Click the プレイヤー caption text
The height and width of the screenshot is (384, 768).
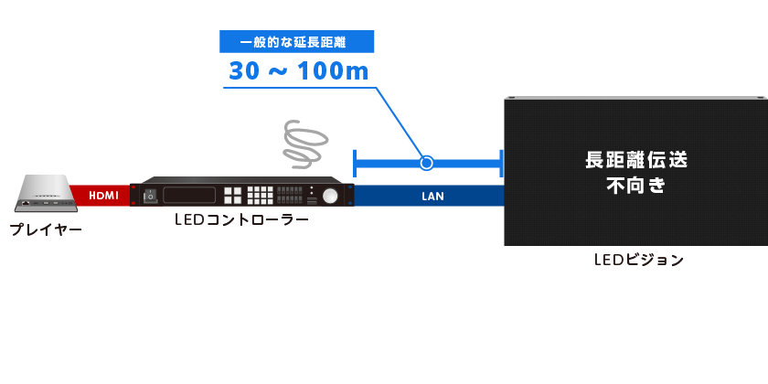click(46, 229)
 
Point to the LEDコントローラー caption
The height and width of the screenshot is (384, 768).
click(240, 220)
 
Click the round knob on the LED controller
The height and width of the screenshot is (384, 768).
click(328, 196)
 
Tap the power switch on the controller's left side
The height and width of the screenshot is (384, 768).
click(149, 195)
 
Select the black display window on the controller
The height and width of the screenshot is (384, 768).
click(189, 195)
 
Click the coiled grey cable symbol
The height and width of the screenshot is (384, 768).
click(304, 144)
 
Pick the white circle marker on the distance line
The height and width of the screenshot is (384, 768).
click(425, 164)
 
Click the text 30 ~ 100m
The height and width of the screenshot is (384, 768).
click(298, 71)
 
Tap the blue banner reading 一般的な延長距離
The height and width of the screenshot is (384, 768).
click(298, 42)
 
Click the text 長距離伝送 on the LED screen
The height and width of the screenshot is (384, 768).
click(635, 160)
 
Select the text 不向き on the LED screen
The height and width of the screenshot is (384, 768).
click(635, 186)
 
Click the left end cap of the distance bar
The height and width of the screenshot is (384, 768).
click(355, 164)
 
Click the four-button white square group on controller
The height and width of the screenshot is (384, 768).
click(232, 195)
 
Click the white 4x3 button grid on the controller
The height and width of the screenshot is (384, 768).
click(261, 195)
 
